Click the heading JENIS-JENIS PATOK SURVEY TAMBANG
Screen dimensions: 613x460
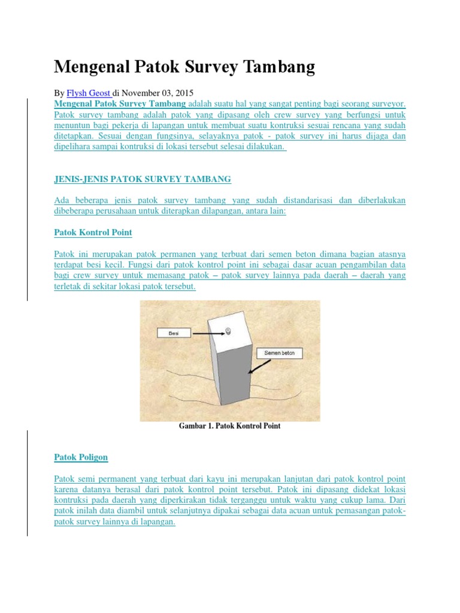point(142,179)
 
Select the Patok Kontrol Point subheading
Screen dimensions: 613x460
point(93,232)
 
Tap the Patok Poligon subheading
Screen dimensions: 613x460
point(81,457)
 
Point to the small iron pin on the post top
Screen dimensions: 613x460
point(228,331)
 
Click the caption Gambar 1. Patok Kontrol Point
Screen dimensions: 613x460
point(229,426)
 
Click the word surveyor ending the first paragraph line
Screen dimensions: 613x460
point(388,104)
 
